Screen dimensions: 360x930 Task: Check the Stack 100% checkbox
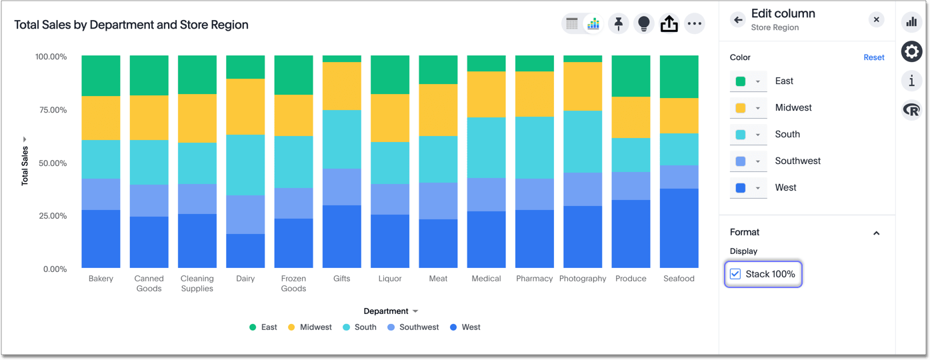[735, 274]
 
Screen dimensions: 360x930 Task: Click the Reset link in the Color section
[873, 57]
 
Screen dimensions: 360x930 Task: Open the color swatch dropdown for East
[748, 81]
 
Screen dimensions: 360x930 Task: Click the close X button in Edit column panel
[876, 20]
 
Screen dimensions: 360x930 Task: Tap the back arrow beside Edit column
[737, 20]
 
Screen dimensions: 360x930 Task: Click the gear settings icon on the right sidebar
[911, 51]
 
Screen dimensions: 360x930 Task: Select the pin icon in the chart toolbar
[618, 24]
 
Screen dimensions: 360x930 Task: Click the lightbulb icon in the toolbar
[643, 24]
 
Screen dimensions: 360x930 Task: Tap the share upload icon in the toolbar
[669, 24]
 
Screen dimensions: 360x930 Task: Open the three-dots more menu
[694, 24]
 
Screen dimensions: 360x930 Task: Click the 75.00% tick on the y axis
[51, 110]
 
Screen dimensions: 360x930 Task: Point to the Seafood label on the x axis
[679, 279]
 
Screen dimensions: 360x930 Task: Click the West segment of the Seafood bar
[679, 228]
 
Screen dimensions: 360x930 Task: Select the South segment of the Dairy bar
[245, 165]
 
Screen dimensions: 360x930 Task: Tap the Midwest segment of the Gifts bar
[341, 86]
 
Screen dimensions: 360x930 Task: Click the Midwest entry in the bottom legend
[315, 327]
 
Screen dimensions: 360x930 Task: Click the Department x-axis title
[386, 311]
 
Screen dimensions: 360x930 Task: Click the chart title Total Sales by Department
[131, 25]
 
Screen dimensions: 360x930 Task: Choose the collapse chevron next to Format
[876, 233]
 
